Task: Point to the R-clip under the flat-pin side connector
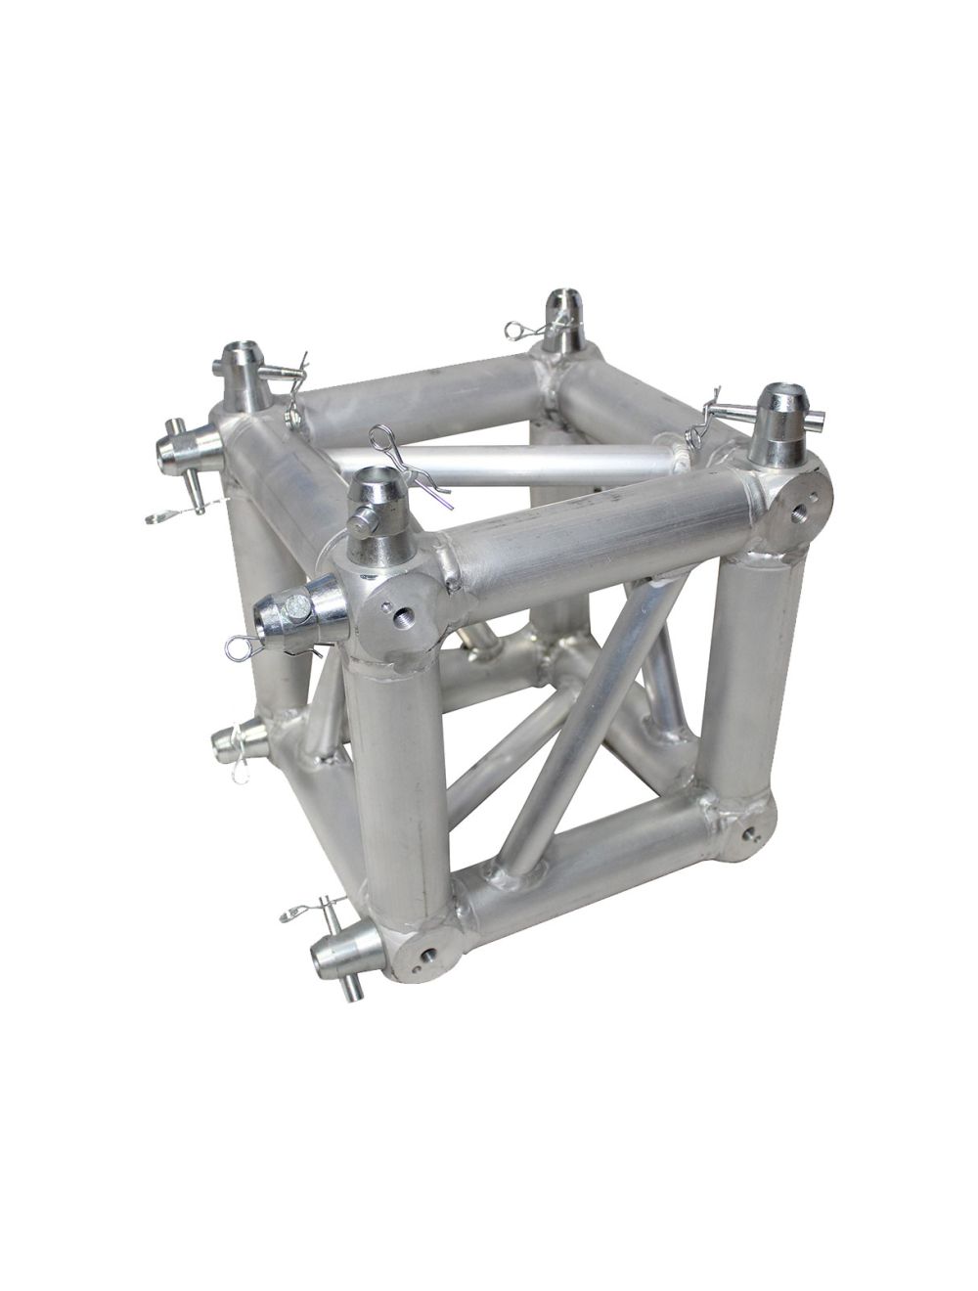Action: click(244, 645)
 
